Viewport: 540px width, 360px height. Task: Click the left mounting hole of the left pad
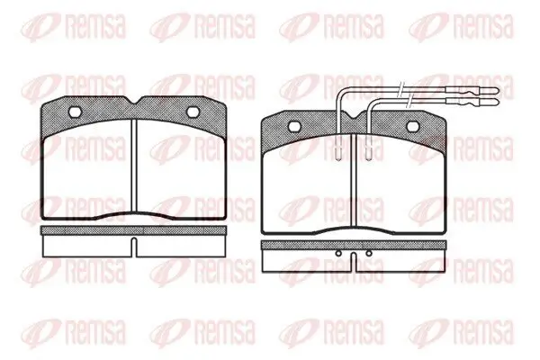[x=75, y=112]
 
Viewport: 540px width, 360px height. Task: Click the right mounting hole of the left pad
[x=193, y=112]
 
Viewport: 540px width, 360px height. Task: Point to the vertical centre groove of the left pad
[x=134, y=166]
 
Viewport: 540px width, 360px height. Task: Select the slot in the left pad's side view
[x=134, y=247]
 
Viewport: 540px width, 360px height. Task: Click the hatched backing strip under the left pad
[x=133, y=230]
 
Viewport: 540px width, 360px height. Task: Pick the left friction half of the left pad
[x=86, y=169]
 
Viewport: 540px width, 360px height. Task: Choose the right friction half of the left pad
[x=182, y=169]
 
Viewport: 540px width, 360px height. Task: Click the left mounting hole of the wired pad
[x=293, y=126]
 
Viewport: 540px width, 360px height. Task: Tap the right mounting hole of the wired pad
[x=413, y=126]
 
